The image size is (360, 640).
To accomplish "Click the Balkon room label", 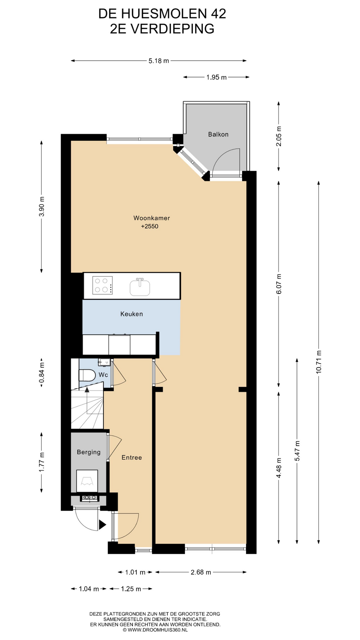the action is [218, 134].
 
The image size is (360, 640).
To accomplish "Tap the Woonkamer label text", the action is [152, 218].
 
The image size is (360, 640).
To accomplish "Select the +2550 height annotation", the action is [150, 226].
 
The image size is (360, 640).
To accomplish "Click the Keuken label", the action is [132, 314].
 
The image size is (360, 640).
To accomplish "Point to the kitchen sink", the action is [140, 287].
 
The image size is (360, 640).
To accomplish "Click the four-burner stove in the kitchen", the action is [102, 285].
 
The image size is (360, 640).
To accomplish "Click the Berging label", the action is [89, 452].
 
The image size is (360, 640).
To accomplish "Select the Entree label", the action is [132, 458].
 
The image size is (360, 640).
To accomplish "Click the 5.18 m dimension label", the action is [159, 61].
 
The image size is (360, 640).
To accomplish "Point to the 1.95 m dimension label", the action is [216, 77].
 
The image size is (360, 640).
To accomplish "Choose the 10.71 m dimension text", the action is [319, 362].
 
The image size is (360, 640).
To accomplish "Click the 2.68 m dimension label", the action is [201, 572].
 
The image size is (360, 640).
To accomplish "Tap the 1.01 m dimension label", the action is [135, 572].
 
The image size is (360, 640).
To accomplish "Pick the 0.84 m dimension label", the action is [42, 373].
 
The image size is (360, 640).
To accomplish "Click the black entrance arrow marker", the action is [102, 525].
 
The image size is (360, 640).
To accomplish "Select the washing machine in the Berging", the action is [87, 481].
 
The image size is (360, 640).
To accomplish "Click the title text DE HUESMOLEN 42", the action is [162, 14].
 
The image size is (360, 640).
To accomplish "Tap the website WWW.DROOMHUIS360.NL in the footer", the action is [155, 630].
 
